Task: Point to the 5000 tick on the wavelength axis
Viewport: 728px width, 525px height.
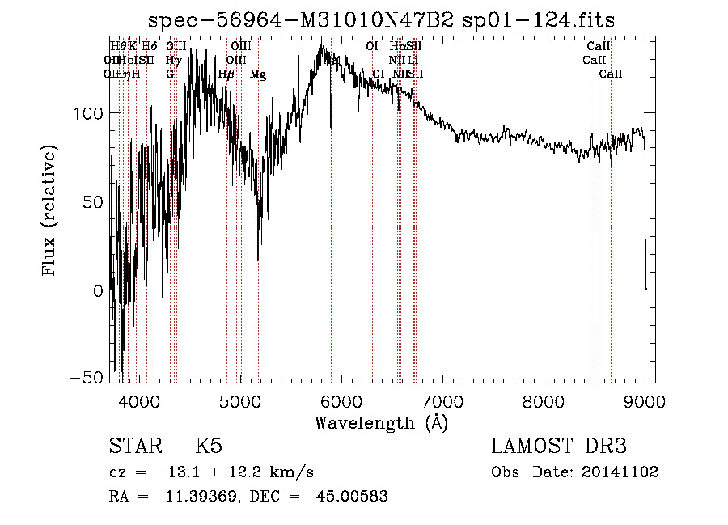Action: [x=240, y=400]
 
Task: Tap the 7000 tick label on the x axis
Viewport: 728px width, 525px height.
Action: [x=442, y=400]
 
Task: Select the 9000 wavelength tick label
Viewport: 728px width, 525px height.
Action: [x=645, y=400]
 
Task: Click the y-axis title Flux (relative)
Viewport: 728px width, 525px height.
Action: [x=50, y=210]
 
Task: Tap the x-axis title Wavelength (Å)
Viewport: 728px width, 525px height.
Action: [x=381, y=422]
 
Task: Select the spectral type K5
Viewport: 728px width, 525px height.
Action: [x=209, y=447]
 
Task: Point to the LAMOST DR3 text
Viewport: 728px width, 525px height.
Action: [x=559, y=447]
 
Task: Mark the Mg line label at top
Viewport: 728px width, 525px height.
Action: [x=258, y=74]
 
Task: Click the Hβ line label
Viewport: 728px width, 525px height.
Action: [x=226, y=74]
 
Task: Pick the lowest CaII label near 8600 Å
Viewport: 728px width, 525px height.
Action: [x=611, y=74]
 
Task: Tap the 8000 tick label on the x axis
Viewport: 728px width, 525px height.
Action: [x=544, y=400]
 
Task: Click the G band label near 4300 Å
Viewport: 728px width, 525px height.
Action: [x=170, y=74]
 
